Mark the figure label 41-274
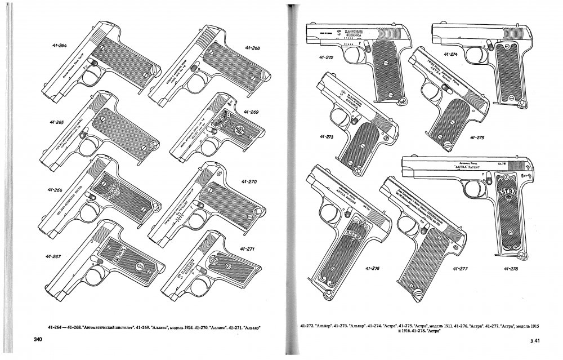point(451,54)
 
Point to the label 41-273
point(327,136)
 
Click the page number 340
point(38,339)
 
